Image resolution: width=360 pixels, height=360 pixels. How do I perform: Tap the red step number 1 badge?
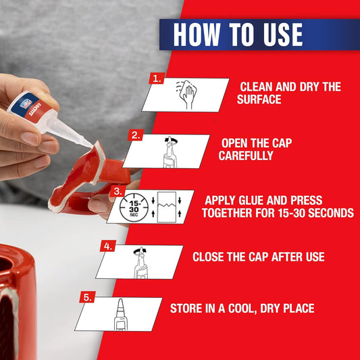[157, 78]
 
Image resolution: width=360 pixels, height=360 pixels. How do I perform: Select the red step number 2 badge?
[136, 135]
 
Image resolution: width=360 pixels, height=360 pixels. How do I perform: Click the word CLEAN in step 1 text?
[259, 86]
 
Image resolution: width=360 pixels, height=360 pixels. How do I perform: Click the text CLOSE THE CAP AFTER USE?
[258, 257]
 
